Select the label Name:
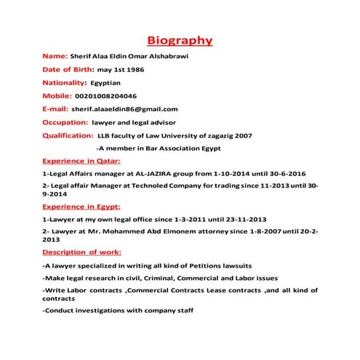click(55, 55)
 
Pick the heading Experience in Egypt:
click(81, 207)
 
